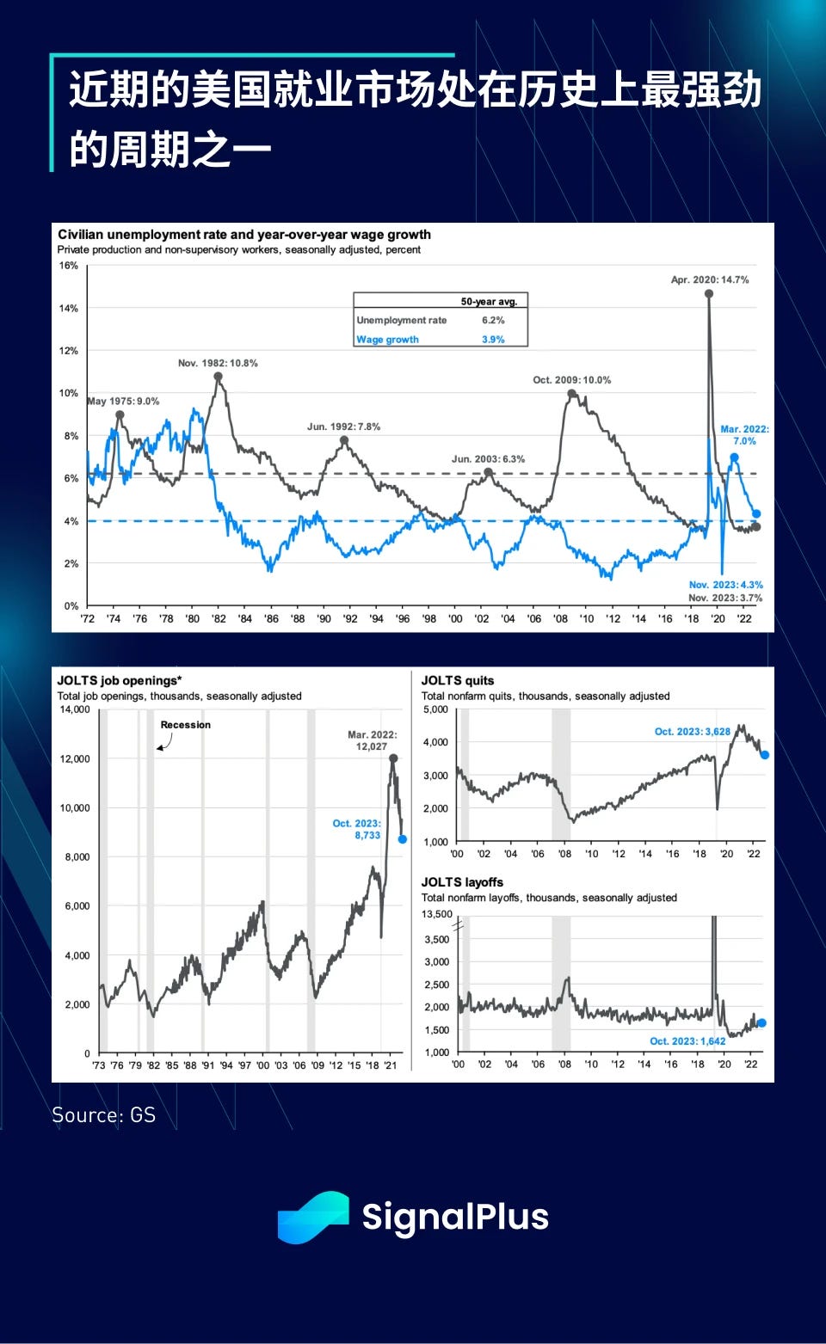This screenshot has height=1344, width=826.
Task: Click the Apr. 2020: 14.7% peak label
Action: click(710, 279)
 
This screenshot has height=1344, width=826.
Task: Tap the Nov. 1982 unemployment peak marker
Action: click(219, 377)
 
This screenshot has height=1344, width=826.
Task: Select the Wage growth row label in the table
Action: click(387, 340)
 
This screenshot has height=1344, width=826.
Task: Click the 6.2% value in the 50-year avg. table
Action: click(493, 320)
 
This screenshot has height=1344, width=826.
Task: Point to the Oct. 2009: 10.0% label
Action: click(572, 380)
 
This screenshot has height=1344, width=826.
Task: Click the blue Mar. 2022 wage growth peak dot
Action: click(734, 458)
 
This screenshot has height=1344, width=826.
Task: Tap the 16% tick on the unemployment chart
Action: click(69, 266)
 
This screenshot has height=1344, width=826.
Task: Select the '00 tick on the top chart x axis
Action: click(455, 618)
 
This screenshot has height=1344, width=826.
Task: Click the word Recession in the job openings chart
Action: click(185, 725)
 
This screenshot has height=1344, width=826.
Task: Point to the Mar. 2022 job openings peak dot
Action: click(393, 758)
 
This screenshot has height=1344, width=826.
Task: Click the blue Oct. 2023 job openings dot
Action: click(403, 839)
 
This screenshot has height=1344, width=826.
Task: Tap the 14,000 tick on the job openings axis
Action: click(75, 709)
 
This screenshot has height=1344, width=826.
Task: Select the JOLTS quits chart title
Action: click(458, 680)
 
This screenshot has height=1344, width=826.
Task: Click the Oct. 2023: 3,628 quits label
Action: click(692, 732)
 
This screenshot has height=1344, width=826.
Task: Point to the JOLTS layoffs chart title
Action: click(462, 882)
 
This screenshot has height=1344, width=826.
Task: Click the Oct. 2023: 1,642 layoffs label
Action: click(687, 1041)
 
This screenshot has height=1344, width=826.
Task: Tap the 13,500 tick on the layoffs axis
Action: click(436, 914)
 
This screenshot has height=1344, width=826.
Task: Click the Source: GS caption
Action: click(103, 1115)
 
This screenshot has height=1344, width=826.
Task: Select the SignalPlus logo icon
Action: click(312, 1217)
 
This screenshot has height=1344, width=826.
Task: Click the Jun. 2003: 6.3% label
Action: click(488, 459)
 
